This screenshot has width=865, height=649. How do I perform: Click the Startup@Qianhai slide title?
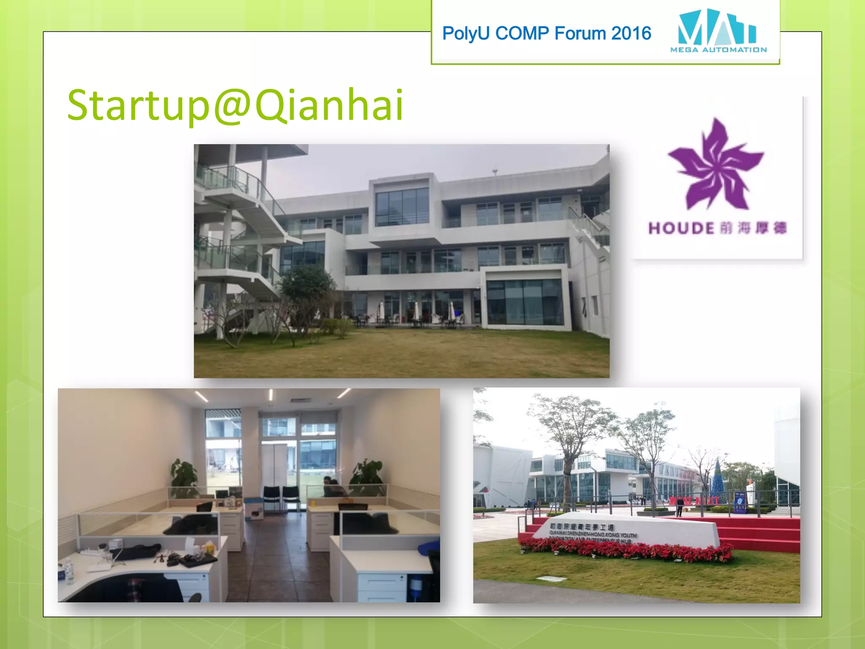pyautogui.click(x=235, y=105)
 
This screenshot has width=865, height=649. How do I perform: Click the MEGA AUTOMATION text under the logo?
pyautogui.click(x=718, y=50)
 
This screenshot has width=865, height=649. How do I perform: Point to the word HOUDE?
pyautogui.click(x=681, y=229)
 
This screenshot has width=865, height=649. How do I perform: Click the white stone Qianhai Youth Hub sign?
pyautogui.click(x=625, y=530)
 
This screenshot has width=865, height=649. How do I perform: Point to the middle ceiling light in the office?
pyautogui.click(x=271, y=395)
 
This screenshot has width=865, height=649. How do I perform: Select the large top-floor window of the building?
pyautogui.click(x=402, y=207)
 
